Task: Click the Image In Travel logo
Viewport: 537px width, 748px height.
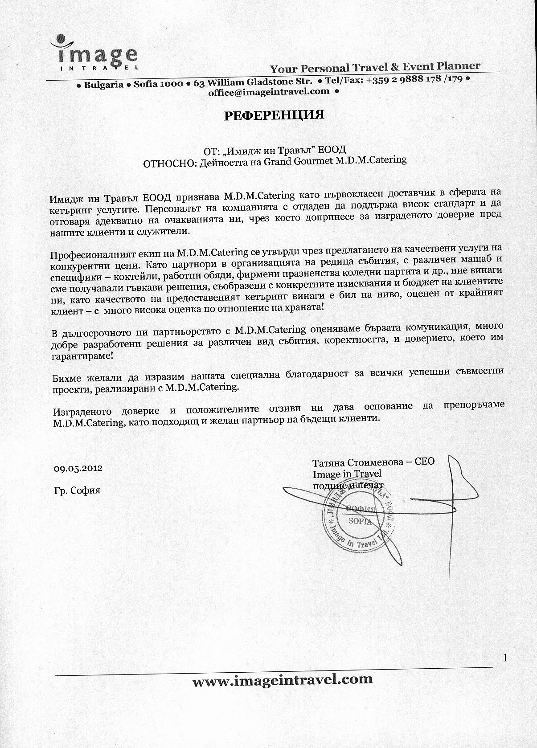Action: click(94, 52)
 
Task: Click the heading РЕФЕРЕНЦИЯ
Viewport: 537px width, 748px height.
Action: click(274, 115)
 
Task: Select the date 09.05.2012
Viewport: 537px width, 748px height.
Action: click(78, 468)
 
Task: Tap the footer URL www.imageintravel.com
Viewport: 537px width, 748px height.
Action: click(282, 679)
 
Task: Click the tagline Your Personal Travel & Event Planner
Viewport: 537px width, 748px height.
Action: click(375, 67)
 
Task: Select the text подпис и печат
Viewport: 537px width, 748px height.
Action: click(348, 486)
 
